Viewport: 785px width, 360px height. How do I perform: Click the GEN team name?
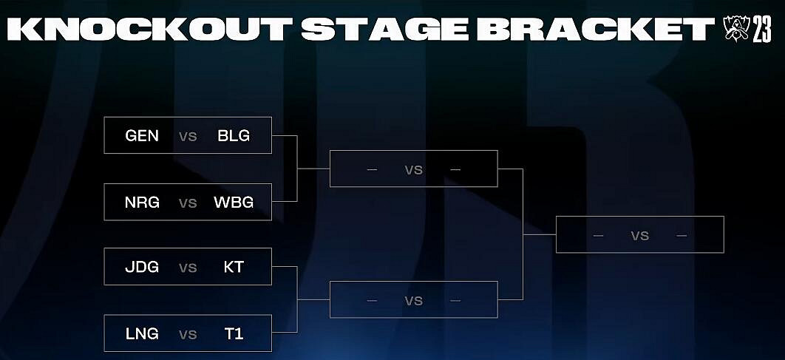coord(142,136)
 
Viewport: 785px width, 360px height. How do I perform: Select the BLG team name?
coord(234,136)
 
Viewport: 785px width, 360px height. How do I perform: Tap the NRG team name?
coord(142,203)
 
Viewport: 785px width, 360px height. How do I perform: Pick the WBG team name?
coord(234,203)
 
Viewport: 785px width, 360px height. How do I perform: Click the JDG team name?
coord(142,267)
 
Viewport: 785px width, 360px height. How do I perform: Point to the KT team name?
coord(234,267)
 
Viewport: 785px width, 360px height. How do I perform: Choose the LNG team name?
coord(142,333)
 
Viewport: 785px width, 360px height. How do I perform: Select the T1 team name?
coord(234,333)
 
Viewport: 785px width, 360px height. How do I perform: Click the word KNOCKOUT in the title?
coord(150,30)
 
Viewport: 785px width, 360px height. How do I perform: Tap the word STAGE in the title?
coord(384,30)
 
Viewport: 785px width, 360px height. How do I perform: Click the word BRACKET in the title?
coord(596,30)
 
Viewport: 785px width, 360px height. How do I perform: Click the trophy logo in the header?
coord(736,29)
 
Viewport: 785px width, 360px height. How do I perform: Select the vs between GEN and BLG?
coord(188,136)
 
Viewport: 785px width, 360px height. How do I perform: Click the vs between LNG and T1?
coord(188,334)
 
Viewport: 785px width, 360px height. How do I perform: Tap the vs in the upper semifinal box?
coord(413,170)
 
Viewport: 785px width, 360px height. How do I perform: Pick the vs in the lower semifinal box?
coord(413,300)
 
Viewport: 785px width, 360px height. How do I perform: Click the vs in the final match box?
coord(640,235)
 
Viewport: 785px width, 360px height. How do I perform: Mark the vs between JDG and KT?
coord(188,268)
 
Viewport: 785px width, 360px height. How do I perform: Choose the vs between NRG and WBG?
coord(188,203)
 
